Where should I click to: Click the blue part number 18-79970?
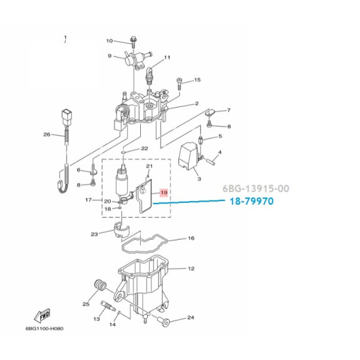(x=252, y=201)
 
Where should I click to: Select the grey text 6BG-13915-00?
(x=256, y=188)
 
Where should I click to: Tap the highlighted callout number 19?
(x=164, y=192)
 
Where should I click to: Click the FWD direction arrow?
(x=42, y=316)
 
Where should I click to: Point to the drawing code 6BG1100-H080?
(x=44, y=329)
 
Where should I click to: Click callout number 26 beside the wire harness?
(x=47, y=135)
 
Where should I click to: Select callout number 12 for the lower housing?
(x=191, y=269)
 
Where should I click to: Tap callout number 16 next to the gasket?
(x=191, y=238)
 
